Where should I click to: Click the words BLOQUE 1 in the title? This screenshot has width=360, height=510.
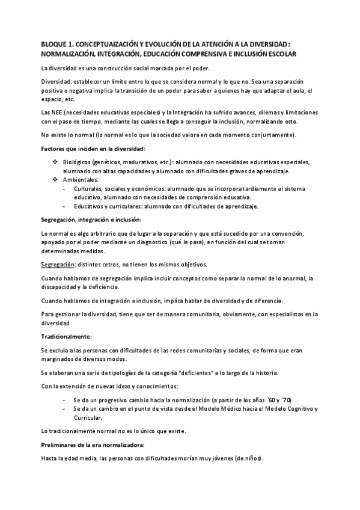55,45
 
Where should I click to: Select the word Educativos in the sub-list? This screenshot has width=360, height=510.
90,206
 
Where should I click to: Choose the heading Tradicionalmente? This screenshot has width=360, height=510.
66,336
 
